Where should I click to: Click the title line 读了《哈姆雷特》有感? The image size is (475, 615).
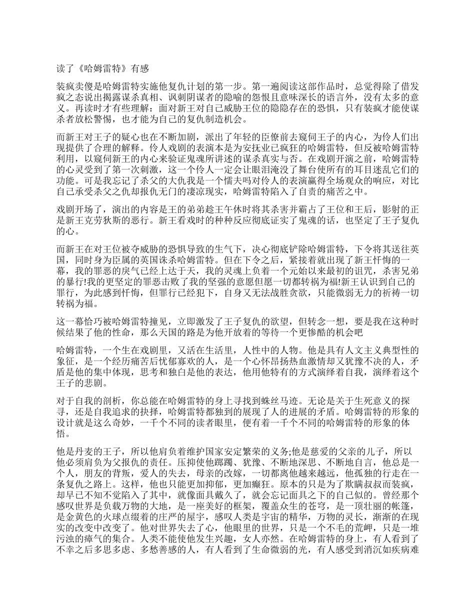pyautogui.click(x=101, y=69)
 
